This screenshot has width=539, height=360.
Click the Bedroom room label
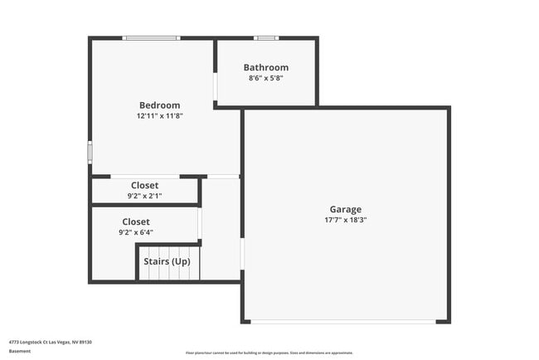point(159,105)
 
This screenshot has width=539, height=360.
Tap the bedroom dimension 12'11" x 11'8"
point(159,116)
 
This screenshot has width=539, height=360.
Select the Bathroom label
point(265,67)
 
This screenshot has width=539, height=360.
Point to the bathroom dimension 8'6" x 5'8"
point(265,78)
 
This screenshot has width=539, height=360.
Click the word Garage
point(345,209)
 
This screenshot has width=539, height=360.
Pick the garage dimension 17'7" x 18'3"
point(345,221)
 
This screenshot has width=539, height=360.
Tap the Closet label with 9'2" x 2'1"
point(144,185)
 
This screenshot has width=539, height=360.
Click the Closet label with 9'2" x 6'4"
point(136,221)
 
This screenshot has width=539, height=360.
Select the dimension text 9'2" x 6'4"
point(136,233)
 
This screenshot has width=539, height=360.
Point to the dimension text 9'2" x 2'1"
point(144,196)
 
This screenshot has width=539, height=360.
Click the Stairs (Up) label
point(168,261)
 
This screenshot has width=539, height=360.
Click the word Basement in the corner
point(20,351)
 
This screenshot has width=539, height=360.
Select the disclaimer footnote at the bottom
point(269,353)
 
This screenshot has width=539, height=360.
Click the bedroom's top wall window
point(151,38)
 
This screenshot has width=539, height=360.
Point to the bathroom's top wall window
point(265,38)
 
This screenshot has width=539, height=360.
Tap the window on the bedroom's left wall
point(90,153)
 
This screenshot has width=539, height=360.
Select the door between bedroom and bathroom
point(216,87)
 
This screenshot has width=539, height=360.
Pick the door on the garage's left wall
point(242,254)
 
